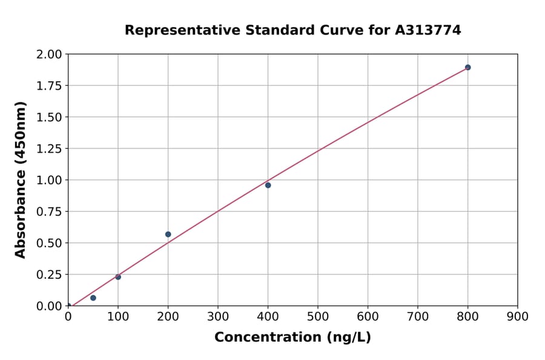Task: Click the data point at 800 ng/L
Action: [467, 67]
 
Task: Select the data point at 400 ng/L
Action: [268, 185]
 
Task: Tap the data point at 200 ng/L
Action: [168, 235]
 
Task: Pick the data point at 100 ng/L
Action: [118, 277]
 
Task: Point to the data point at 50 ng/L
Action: [93, 298]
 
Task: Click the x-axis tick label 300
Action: [218, 317]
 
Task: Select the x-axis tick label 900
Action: [518, 317]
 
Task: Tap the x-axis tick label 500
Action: [318, 317]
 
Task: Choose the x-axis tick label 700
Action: [418, 317]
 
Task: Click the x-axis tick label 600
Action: [368, 317]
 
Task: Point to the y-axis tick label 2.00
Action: [50, 55]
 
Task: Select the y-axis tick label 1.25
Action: [50, 149]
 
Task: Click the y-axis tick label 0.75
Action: [50, 212]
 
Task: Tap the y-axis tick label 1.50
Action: [50, 118]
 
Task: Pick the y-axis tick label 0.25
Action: [50, 275]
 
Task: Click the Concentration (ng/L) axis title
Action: [292, 338]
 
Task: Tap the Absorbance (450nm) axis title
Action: [21, 179]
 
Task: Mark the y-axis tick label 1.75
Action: [50, 86]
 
